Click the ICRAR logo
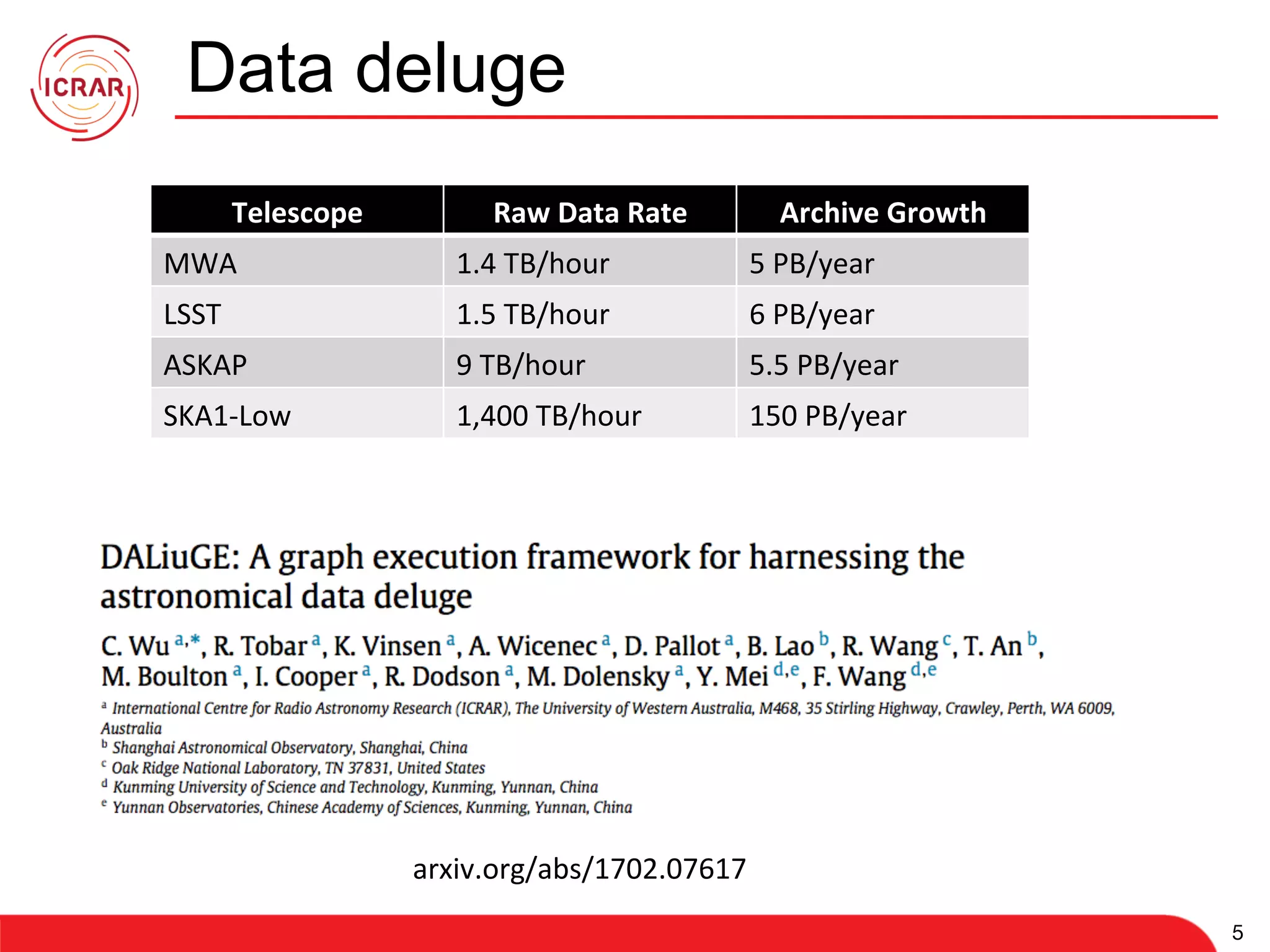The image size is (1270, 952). coord(84,87)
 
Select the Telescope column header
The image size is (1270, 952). coord(297,213)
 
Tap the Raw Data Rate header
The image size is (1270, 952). coord(590,213)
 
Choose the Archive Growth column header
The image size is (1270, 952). coord(882,213)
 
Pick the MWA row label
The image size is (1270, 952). coord(200,263)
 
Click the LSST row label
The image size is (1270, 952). coord(192,314)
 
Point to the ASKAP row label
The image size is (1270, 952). coord(205,365)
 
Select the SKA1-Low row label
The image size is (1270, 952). coord(227,416)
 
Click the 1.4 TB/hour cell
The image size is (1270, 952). coord(533,263)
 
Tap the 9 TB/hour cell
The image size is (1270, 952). coord(520,365)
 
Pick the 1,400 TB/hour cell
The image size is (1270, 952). coord(549,416)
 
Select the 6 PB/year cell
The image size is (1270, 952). coord(812,314)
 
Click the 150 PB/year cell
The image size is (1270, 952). coord(828,416)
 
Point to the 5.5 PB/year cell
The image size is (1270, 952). coord(824,365)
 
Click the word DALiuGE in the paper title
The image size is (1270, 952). coord(170,557)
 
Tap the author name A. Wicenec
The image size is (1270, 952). coord(533,646)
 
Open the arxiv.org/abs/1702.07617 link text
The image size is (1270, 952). coord(579,868)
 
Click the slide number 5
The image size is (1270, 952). coord(1237,932)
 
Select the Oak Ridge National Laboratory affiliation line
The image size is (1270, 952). coord(298,768)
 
